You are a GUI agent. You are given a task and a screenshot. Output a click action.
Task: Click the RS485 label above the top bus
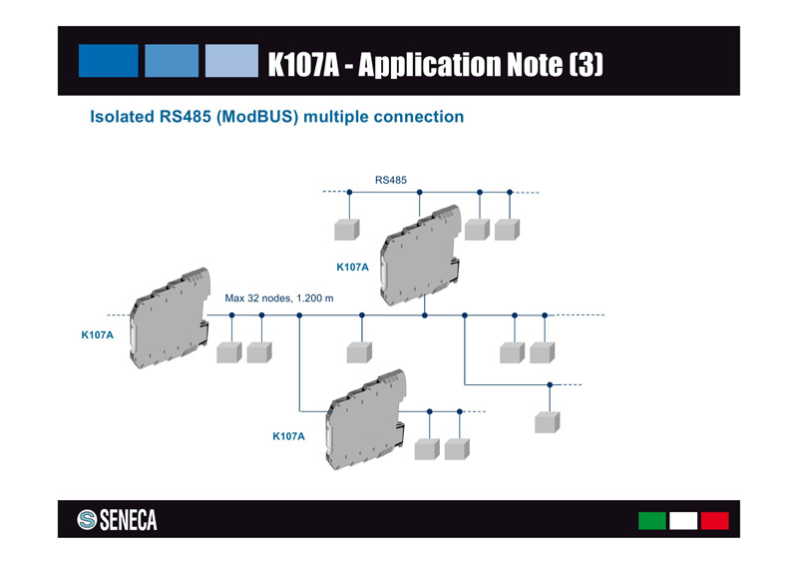pyautogui.click(x=390, y=180)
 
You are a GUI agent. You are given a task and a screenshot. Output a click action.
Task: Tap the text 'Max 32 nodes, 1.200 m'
pyautogui.click(x=279, y=298)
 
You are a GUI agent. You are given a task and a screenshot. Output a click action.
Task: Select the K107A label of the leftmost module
pyautogui.click(x=97, y=334)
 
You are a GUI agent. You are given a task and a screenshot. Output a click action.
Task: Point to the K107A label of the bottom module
pyautogui.click(x=288, y=437)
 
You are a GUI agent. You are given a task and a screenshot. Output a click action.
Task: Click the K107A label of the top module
pyautogui.click(x=352, y=268)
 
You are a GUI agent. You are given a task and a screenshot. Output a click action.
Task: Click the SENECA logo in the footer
pyautogui.click(x=118, y=520)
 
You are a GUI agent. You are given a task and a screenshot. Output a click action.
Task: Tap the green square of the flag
pyautogui.click(x=651, y=521)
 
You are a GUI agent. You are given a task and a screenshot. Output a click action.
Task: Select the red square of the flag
pyautogui.click(x=714, y=521)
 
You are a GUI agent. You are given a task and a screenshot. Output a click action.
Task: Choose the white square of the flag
pyautogui.click(x=683, y=521)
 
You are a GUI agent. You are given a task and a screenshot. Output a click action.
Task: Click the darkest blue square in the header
pyautogui.click(x=108, y=60)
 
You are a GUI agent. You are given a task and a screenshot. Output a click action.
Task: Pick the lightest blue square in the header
pyautogui.click(x=232, y=60)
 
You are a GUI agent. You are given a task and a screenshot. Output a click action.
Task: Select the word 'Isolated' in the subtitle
pyautogui.click(x=122, y=117)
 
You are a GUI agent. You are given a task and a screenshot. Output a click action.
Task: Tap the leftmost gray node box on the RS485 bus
pyautogui.click(x=345, y=230)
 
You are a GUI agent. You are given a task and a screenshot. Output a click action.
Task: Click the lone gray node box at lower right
pyautogui.click(x=546, y=421)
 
